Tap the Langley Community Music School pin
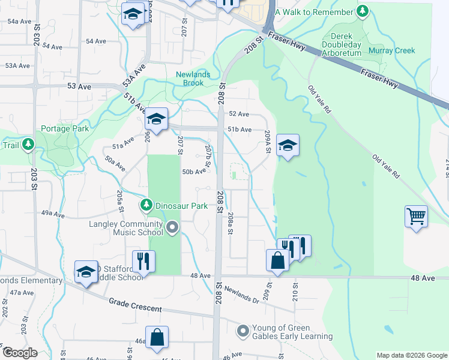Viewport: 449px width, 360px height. point(173,227)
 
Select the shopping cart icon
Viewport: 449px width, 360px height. point(416,215)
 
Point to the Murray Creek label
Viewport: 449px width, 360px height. point(392,51)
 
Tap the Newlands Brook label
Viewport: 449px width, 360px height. point(190,79)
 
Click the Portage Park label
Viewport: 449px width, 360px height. point(65,128)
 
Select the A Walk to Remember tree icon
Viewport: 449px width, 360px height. point(362,11)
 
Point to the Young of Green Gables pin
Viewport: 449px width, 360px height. point(243,331)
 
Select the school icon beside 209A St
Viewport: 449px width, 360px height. point(288,145)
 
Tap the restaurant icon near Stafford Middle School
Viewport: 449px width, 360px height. point(143,260)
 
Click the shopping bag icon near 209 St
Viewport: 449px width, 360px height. point(277,260)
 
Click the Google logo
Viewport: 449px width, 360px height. point(20,353)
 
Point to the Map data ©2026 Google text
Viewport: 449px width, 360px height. point(412,355)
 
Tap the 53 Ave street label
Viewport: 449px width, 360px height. point(79,86)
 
